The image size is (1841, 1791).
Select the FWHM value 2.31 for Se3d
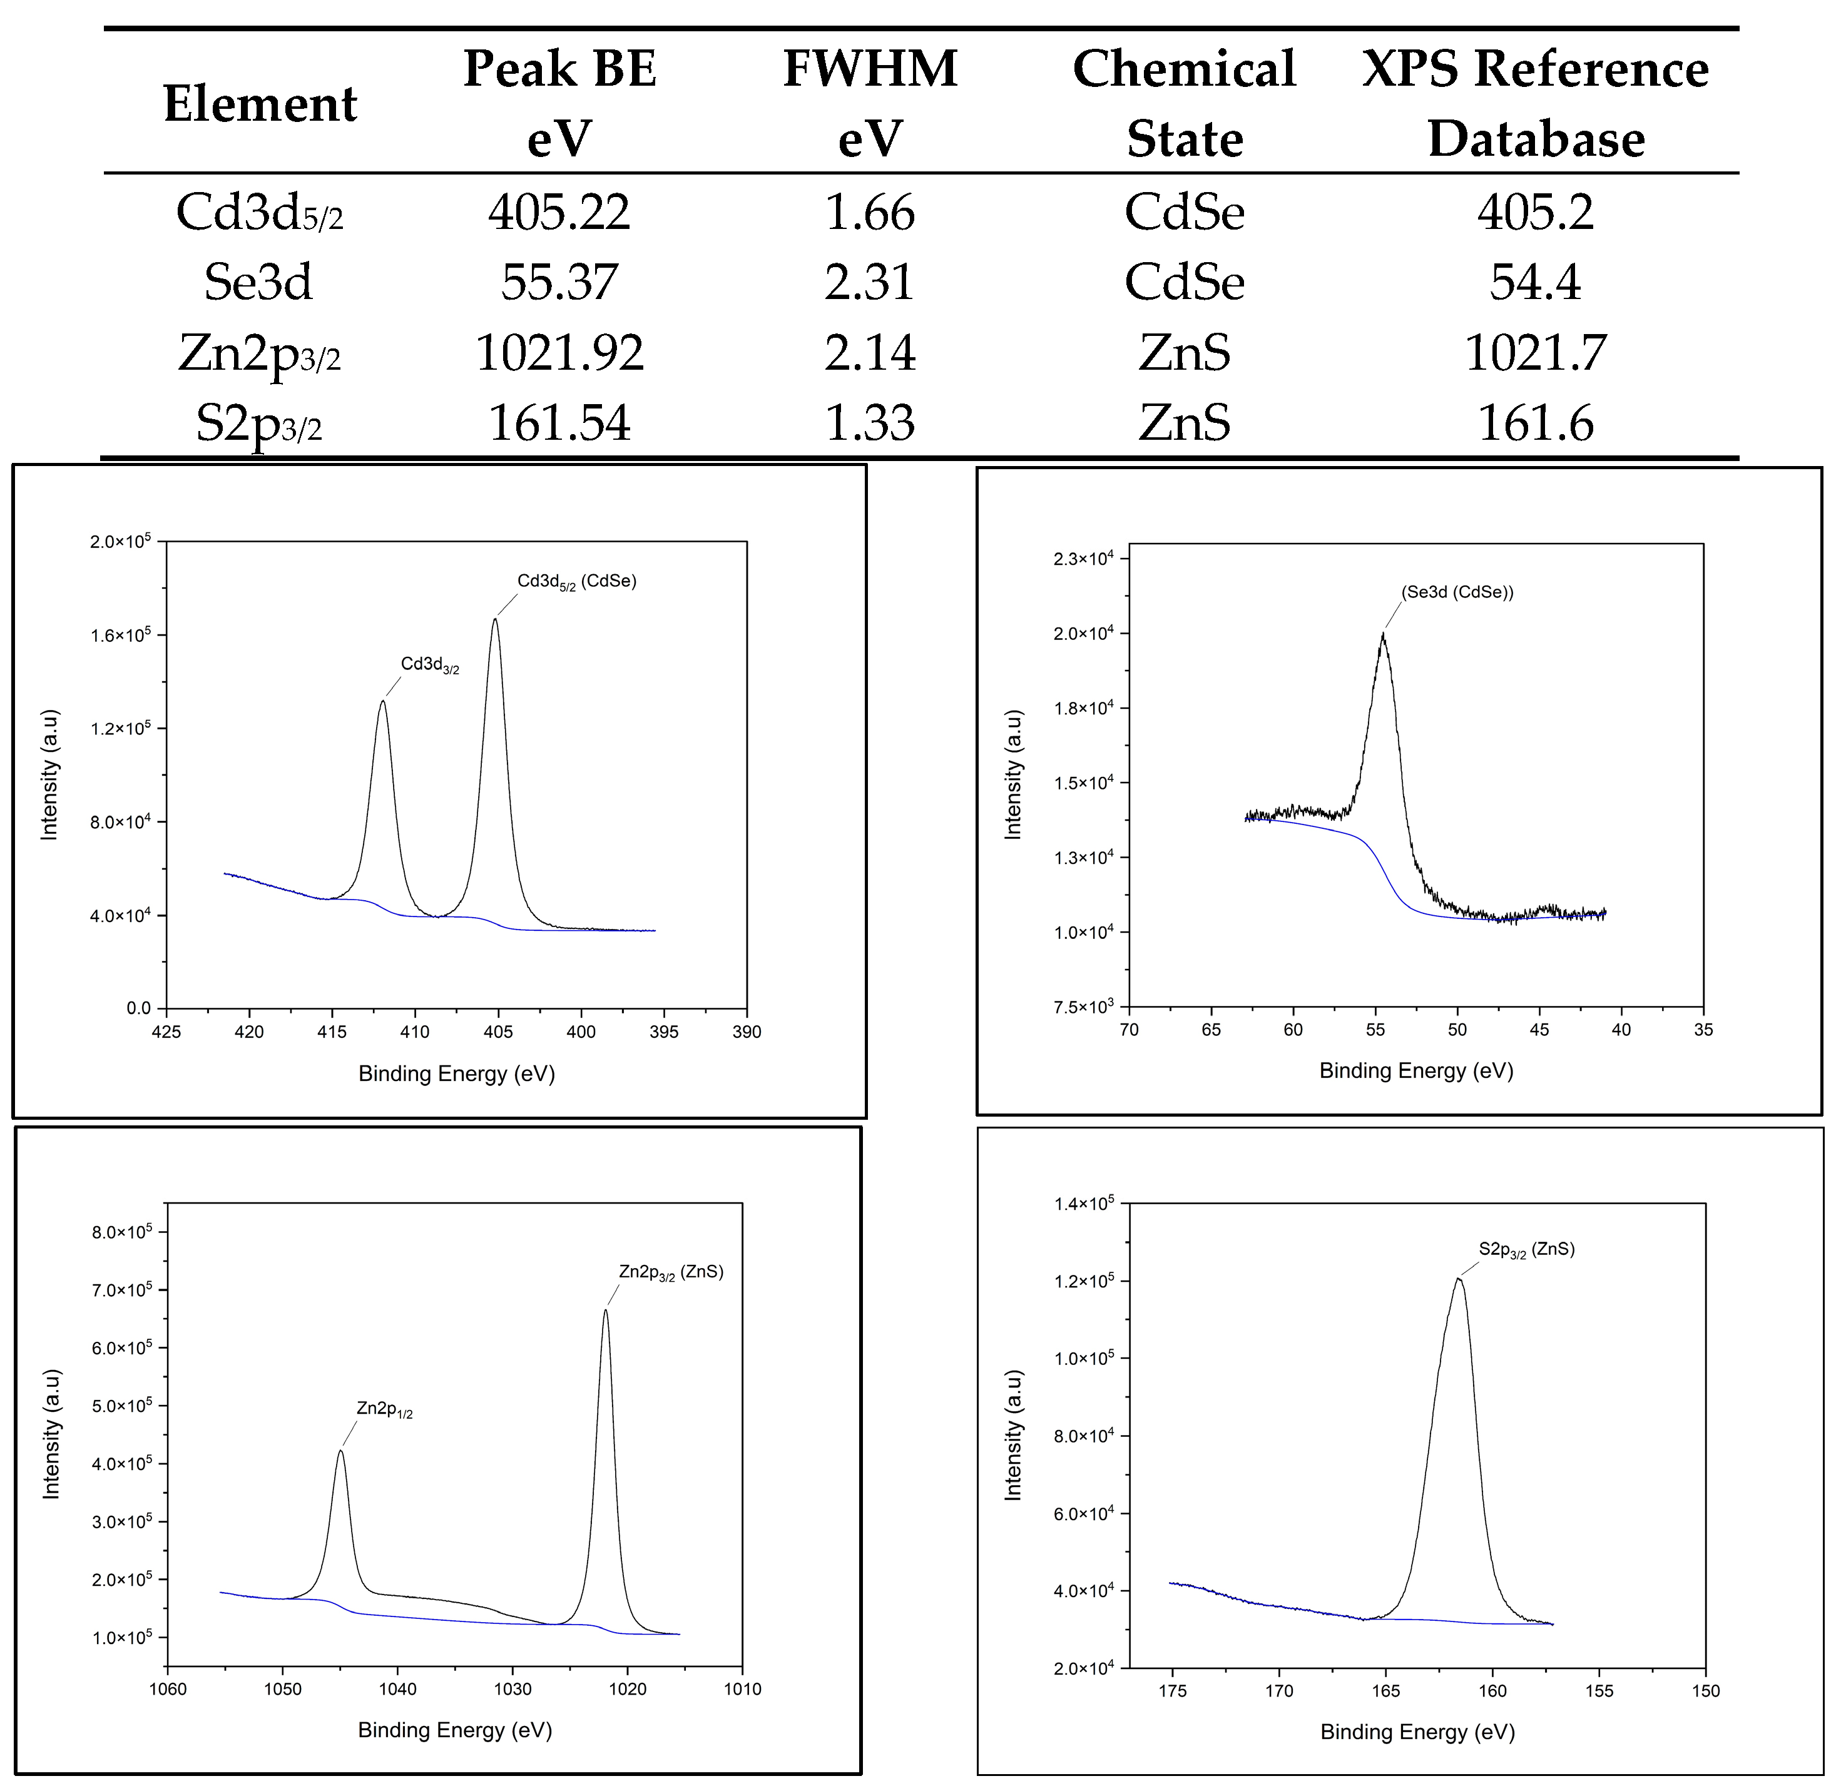click(x=869, y=282)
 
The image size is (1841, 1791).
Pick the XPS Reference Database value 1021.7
click(x=1534, y=353)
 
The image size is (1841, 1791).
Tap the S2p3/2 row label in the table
click(x=258, y=424)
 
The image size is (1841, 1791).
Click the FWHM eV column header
click(x=869, y=103)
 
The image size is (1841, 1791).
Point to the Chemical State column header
click(x=1183, y=103)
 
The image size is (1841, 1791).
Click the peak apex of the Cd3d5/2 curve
click(x=496, y=619)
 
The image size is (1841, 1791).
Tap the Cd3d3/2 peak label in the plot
click(x=430, y=665)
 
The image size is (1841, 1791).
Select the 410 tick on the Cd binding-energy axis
click(x=415, y=1032)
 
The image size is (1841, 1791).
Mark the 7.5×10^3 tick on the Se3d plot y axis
click(x=1083, y=1007)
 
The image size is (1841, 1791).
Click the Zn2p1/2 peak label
click(x=384, y=1409)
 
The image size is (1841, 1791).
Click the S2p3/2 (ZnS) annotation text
click(x=1526, y=1250)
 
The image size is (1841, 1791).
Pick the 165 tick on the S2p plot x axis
click(x=1385, y=1692)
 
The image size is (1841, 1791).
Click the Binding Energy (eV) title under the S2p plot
click(x=1417, y=1732)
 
